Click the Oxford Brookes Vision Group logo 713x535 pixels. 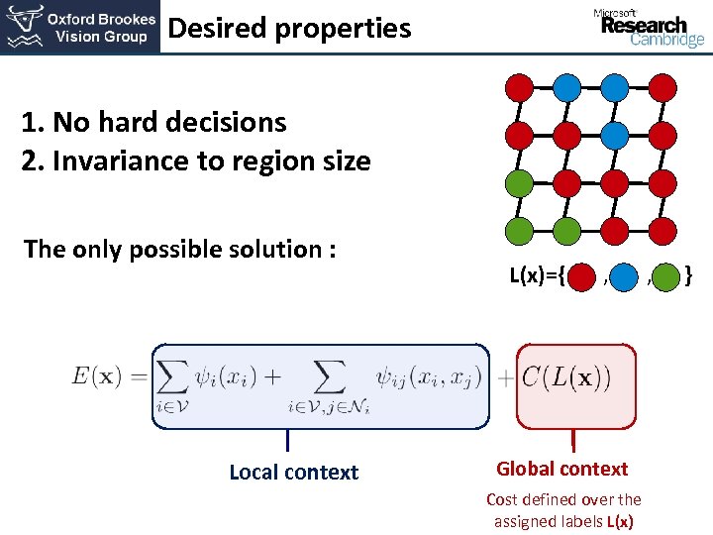tap(79, 27)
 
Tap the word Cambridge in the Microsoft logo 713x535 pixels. tap(666, 41)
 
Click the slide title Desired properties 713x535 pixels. tap(289, 28)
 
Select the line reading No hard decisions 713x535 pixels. tap(154, 123)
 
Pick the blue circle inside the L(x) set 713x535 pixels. tap(624, 275)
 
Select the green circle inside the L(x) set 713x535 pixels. tap(667, 275)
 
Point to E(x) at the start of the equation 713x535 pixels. tap(97, 375)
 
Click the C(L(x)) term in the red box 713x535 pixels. tap(566, 376)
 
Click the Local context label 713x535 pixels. tap(293, 473)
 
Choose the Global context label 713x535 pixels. tap(562, 469)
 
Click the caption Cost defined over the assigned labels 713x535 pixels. tap(563, 510)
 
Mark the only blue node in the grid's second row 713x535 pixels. tap(615, 133)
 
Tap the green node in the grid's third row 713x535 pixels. tap(519, 182)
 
